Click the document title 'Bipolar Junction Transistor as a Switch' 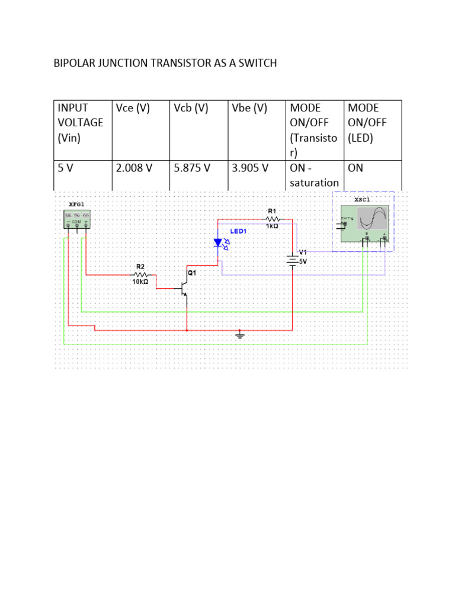click(x=165, y=63)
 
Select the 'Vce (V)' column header click(x=133, y=108)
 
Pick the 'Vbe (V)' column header click(x=249, y=108)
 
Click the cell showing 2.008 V click(x=134, y=168)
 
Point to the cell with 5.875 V click(x=193, y=168)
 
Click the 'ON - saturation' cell click(x=314, y=175)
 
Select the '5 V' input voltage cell click(x=66, y=168)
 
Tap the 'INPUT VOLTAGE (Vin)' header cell click(x=81, y=123)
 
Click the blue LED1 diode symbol click(x=219, y=242)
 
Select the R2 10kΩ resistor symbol click(x=140, y=275)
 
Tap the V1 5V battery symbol click(x=292, y=259)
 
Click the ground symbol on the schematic click(x=239, y=336)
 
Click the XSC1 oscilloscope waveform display click(x=374, y=219)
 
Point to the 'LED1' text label click(x=238, y=231)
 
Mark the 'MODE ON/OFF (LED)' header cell click(x=372, y=123)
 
